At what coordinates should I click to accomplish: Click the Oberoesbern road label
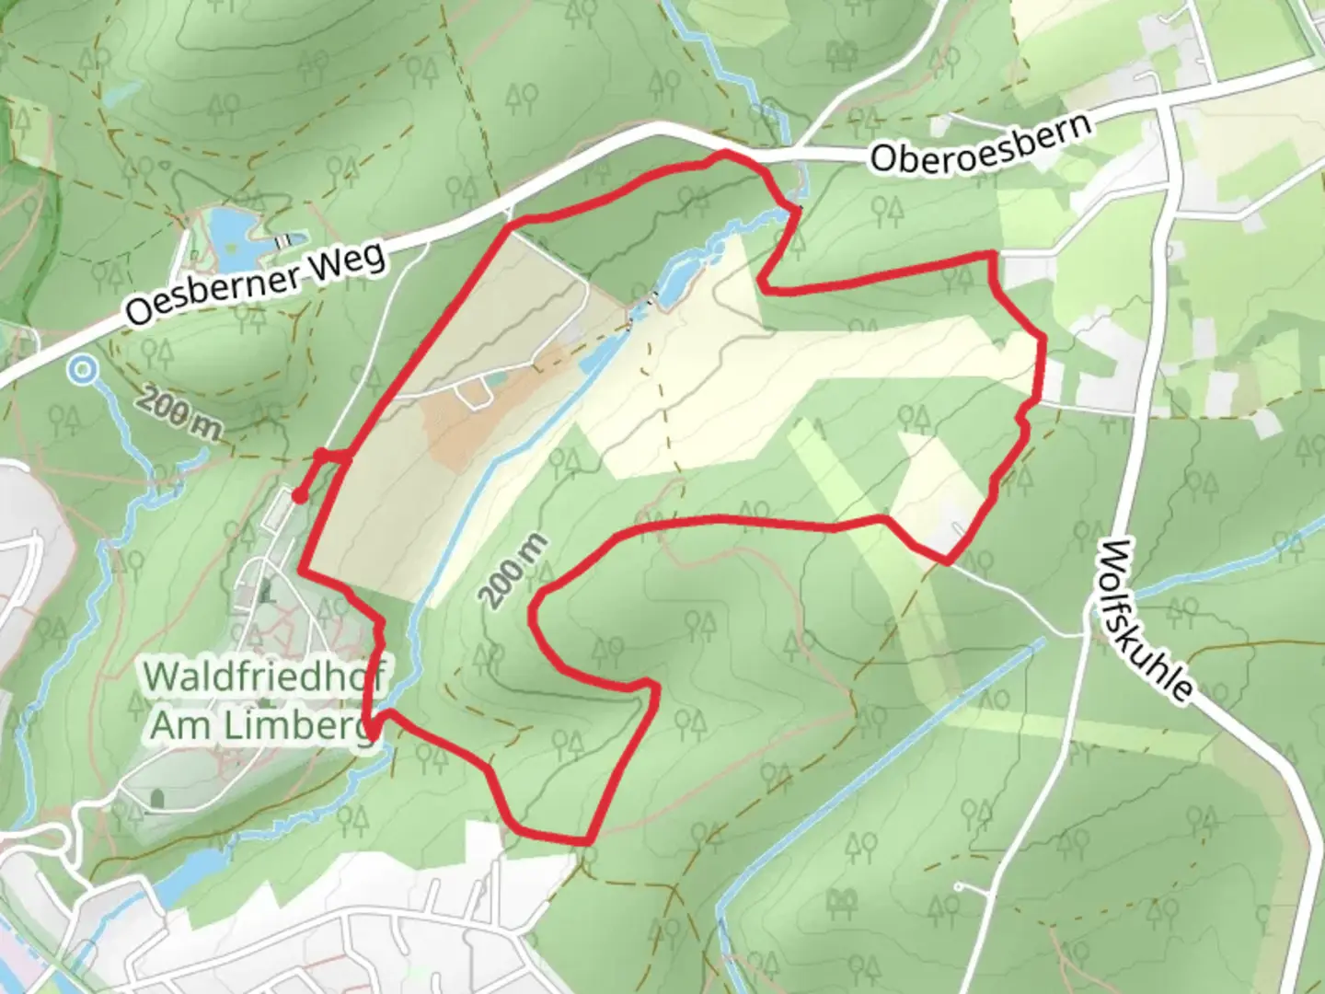click(x=981, y=144)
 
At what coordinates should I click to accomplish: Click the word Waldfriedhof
click(x=263, y=676)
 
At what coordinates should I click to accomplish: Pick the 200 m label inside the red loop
click(x=512, y=571)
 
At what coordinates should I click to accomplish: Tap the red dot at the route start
click(x=299, y=497)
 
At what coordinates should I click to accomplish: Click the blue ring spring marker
click(x=83, y=370)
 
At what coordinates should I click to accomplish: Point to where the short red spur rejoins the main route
click(x=346, y=457)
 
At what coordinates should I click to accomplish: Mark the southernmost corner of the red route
click(x=585, y=840)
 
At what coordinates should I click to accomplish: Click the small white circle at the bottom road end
click(x=959, y=887)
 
